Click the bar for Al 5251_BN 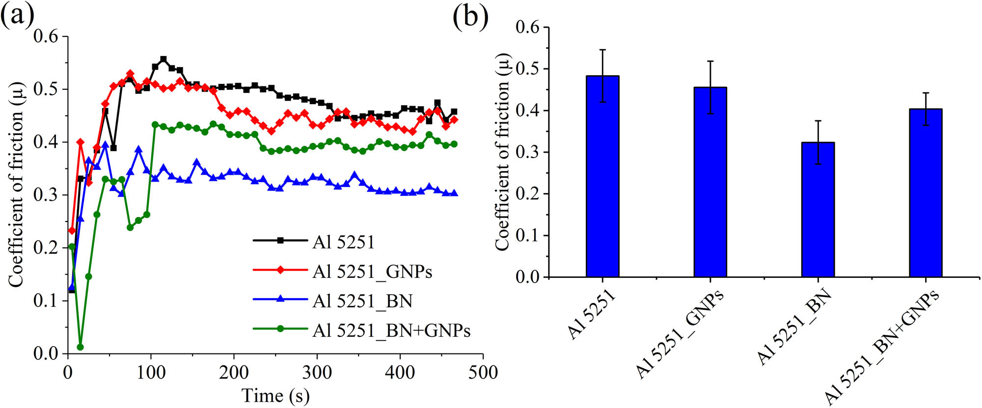coord(818,210)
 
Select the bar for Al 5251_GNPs coord(710,182)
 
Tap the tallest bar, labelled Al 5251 coord(602,176)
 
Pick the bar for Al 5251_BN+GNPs coord(926,193)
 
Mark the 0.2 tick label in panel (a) coord(46,248)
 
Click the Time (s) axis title coord(275,396)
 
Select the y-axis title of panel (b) coord(502,152)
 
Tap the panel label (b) coord(470,17)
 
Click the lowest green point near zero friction coord(80,347)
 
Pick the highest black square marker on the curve coord(164,59)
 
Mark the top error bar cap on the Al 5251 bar coord(602,50)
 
